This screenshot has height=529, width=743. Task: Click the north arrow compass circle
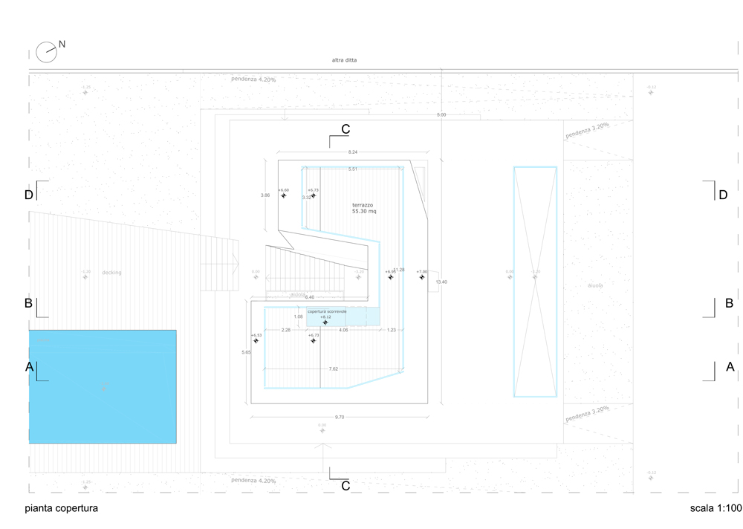(46, 51)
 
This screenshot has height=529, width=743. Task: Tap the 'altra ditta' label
(344, 60)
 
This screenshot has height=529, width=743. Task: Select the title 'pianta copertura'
(61, 509)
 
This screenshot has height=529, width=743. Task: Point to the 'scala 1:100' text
(715, 509)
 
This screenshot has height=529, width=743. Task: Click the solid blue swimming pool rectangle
(103, 386)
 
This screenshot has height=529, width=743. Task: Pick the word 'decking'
(111, 273)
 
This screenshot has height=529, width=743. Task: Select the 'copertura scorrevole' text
(328, 311)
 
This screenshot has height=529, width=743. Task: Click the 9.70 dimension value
(340, 418)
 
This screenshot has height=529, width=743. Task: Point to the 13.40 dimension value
(441, 282)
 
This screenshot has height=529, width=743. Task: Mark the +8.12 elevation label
(325, 317)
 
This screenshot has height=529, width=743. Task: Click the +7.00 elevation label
(422, 272)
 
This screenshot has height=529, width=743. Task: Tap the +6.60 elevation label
(283, 190)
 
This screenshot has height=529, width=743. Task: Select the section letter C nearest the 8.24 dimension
(345, 130)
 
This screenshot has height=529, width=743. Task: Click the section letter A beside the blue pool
(29, 367)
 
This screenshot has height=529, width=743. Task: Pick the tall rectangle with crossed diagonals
(535, 282)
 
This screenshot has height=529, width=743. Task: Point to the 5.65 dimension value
(246, 352)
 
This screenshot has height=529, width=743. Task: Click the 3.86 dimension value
(265, 195)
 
